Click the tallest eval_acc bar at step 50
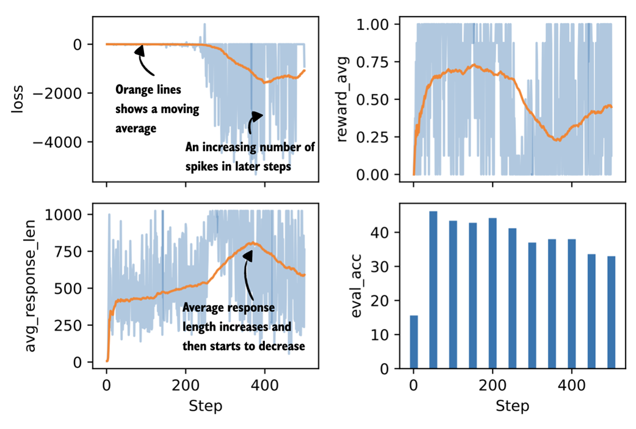click(x=433, y=290)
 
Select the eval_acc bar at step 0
click(x=414, y=342)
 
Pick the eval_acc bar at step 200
click(x=493, y=293)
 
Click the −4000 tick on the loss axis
click(x=61, y=142)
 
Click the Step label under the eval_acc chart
click(x=512, y=406)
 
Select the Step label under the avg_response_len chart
click(x=205, y=406)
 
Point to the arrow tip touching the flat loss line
click(x=140, y=48)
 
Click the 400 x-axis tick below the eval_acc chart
click(x=571, y=387)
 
